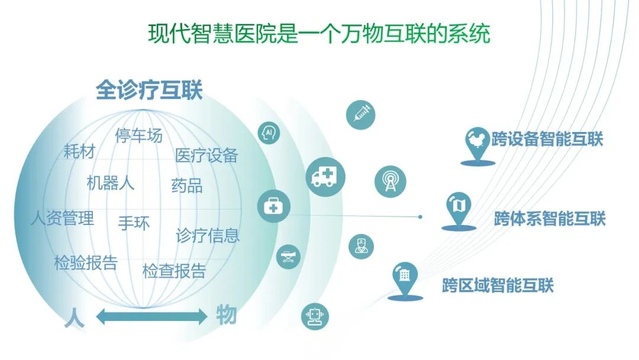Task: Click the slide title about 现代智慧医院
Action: click(319, 33)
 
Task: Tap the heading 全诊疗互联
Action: click(149, 91)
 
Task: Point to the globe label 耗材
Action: click(79, 152)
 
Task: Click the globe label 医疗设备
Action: click(206, 155)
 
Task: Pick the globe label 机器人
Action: click(111, 183)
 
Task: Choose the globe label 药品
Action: click(187, 186)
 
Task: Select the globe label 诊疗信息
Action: click(208, 236)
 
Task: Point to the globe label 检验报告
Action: click(86, 263)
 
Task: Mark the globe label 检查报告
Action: click(174, 271)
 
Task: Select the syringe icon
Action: click(361, 112)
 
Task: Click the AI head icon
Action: click(269, 133)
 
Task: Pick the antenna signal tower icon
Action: click(390, 180)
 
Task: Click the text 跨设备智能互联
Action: click(547, 140)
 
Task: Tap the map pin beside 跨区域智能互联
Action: click(406, 279)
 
